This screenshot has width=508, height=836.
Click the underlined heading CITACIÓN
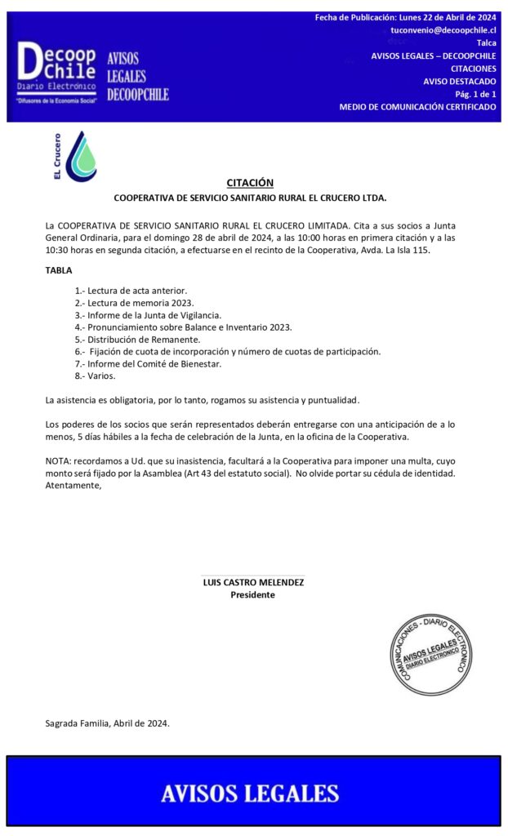[250, 183]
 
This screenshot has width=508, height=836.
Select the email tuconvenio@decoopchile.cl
[443, 29]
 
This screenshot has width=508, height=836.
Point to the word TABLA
[59, 270]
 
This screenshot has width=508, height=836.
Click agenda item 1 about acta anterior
[131, 291]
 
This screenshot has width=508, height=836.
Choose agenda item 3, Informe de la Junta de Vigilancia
[148, 315]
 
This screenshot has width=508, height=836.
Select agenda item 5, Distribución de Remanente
[137, 340]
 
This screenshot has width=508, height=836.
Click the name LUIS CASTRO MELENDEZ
[253, 583]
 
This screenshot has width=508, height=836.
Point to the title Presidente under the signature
[252, 595]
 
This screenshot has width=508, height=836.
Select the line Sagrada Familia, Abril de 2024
[107, 723]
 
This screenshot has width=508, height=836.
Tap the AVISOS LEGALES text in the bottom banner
[250, 793]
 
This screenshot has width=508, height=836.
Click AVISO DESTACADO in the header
[459, 81]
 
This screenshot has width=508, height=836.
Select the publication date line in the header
[405, 17]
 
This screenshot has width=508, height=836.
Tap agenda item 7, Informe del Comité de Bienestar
[148, 364]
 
